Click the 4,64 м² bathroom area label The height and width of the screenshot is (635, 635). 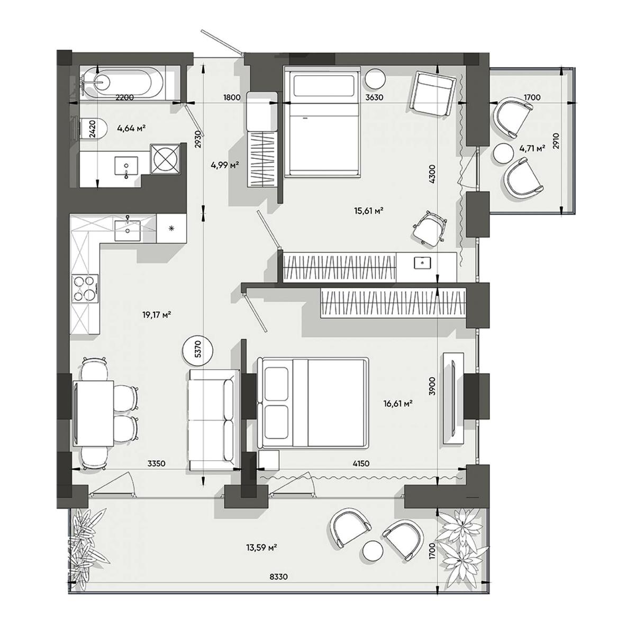click(x=131, y=129)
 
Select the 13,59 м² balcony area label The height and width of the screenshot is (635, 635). click(x=261, y=548)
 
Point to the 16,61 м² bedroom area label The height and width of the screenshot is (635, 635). click(x=398, y=403)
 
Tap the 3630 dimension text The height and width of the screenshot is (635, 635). click(x=374, y=97)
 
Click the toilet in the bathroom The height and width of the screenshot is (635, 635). click(x=93, y=129)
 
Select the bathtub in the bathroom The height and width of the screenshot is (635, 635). click(x=123, y=83)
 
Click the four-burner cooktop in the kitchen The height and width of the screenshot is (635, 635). click(x=85, y=288)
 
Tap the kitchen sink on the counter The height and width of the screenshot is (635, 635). click(x=128, y=230)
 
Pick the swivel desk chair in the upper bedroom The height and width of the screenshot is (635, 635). click(x=429, y=228)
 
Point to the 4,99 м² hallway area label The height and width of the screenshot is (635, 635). click(x=225, y=165)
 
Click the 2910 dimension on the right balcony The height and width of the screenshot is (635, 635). click(x=556, y=141)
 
